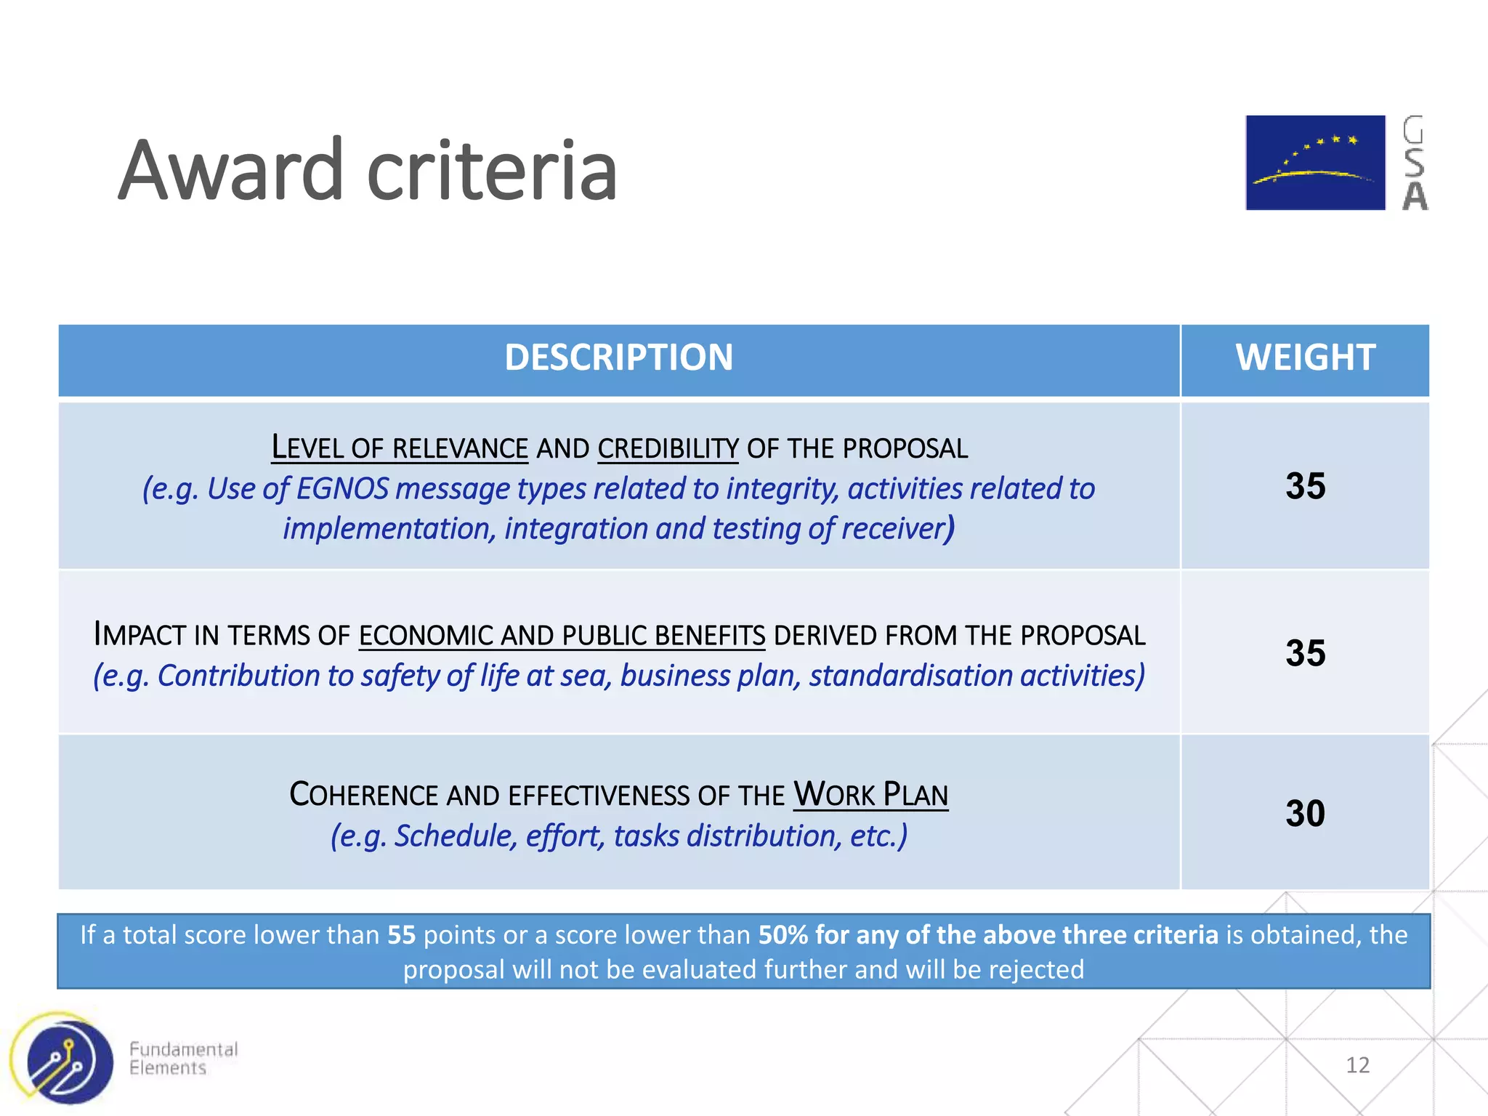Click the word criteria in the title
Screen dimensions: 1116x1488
493,171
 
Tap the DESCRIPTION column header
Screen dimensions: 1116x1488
618,357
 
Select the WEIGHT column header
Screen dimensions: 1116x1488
1305,357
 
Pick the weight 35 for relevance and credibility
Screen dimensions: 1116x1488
1305,486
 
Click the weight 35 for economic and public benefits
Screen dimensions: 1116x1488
1305,653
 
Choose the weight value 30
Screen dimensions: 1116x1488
1305,813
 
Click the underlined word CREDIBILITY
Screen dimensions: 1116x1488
668,448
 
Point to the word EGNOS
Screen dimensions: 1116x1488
342,489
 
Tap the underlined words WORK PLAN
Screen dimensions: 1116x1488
870,795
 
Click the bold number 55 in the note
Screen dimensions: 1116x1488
401,935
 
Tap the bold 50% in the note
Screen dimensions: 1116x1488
783,935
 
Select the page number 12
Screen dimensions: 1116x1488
1357,1065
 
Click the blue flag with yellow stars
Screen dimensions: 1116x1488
1315,163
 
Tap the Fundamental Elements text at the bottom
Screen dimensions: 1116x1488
183,1059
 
